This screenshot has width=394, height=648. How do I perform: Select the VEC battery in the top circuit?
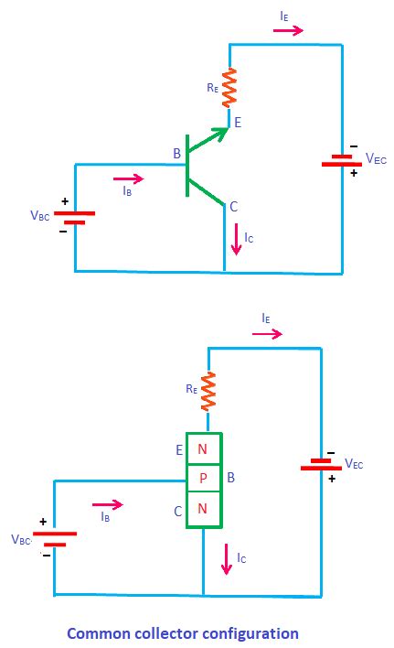pos(342,160)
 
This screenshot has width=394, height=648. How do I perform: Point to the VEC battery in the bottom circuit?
pos(321,465)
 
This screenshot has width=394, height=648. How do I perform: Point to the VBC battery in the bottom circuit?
pos(54,537)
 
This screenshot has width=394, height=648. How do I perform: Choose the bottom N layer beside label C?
pos(203,509)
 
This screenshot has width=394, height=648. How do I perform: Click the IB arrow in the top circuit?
pos(127,178)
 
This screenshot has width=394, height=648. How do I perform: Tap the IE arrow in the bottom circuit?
pos(267,335)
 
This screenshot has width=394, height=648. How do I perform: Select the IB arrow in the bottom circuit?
pos(107,503)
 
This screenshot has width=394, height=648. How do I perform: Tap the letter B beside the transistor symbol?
pos(176,156)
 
